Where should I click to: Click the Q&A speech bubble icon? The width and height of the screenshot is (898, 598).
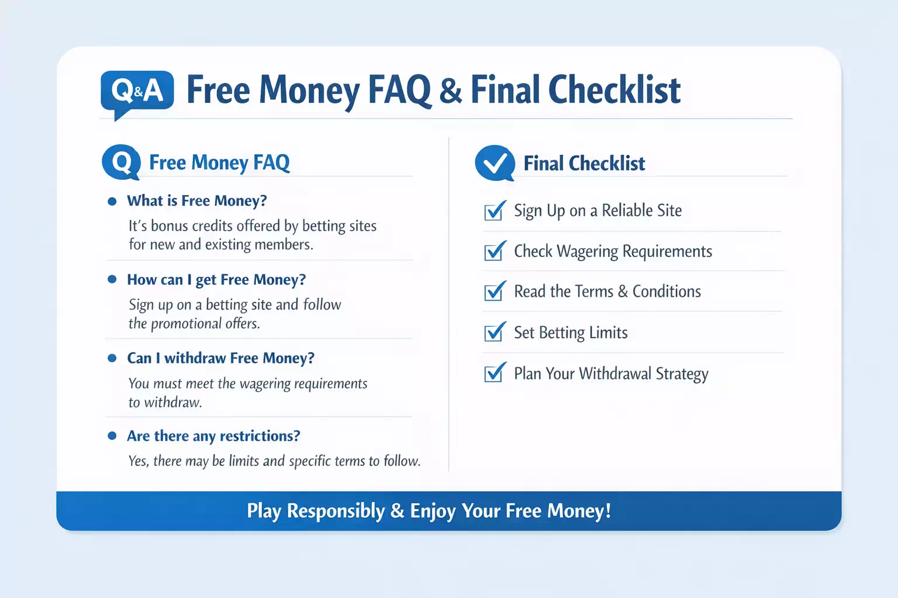point(137,93)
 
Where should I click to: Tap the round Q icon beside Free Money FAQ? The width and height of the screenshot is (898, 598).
point(122,162)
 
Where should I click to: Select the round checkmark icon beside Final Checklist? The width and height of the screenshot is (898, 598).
point(495,163)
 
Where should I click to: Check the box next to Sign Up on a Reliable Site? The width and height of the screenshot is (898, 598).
point(495,211)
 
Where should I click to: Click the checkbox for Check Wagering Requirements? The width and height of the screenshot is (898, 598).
point(495,251)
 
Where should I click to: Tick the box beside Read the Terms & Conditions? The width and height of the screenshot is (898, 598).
point(495,291)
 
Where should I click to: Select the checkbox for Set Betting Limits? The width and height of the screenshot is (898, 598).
point(495,332)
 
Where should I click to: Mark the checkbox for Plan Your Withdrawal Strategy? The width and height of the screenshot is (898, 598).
point(495,373)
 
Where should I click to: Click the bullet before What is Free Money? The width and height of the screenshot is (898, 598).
point(112,201)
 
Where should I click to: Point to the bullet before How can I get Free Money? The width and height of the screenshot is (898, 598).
point(112,279)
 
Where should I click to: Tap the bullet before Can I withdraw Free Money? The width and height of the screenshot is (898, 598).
point(112,358)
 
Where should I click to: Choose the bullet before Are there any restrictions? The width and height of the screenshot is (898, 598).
point(112,436)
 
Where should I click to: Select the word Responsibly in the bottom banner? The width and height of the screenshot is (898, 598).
point(336,512)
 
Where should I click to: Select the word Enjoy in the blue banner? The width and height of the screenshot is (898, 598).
point(433,512)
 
